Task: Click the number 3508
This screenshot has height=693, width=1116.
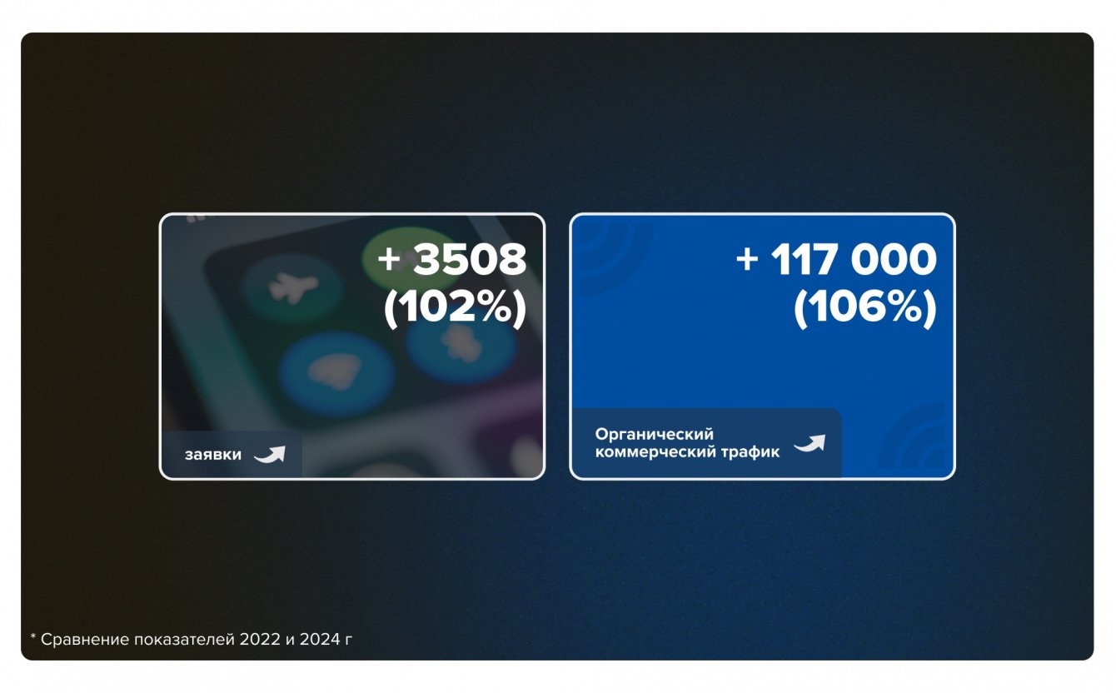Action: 470,259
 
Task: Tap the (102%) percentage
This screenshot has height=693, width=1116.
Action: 455,308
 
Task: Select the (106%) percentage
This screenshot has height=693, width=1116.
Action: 864,308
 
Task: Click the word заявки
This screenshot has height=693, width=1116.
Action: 213,455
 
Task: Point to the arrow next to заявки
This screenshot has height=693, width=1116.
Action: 270,454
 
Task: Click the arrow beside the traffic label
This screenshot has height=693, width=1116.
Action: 810,443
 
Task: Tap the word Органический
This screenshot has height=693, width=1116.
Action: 654,434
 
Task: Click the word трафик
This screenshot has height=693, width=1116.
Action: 751,452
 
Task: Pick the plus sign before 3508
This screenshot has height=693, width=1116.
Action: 389,260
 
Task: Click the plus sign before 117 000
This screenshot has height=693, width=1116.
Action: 747,260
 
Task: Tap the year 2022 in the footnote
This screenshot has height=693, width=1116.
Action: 260,639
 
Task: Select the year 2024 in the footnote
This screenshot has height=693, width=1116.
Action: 320,639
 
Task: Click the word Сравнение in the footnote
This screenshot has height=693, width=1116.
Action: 85,639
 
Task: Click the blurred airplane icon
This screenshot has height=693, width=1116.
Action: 293,288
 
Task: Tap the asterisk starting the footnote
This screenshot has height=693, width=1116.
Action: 33,636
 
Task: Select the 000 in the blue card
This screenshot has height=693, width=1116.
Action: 894,259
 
